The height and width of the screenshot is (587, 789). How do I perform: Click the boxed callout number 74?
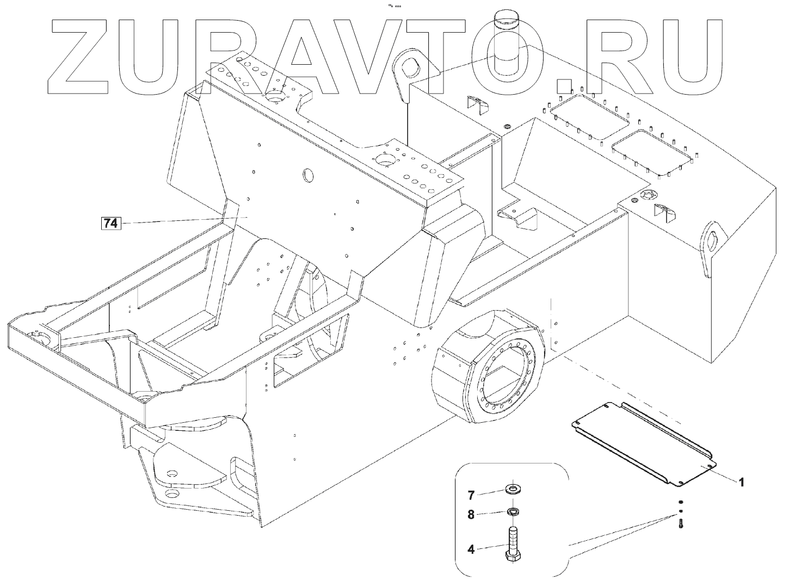click(110, 223)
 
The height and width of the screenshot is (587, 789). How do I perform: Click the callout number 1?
click(741, 482)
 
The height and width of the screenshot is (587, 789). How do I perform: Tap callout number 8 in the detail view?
click(471, 514)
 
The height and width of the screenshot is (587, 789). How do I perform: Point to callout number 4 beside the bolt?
click(471, 549)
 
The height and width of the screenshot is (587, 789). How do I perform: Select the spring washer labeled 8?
click(511, 511)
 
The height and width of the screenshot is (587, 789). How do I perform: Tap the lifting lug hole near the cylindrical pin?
click(412, 69)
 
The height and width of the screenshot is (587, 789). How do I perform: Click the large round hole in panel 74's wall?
click(309, 175)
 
